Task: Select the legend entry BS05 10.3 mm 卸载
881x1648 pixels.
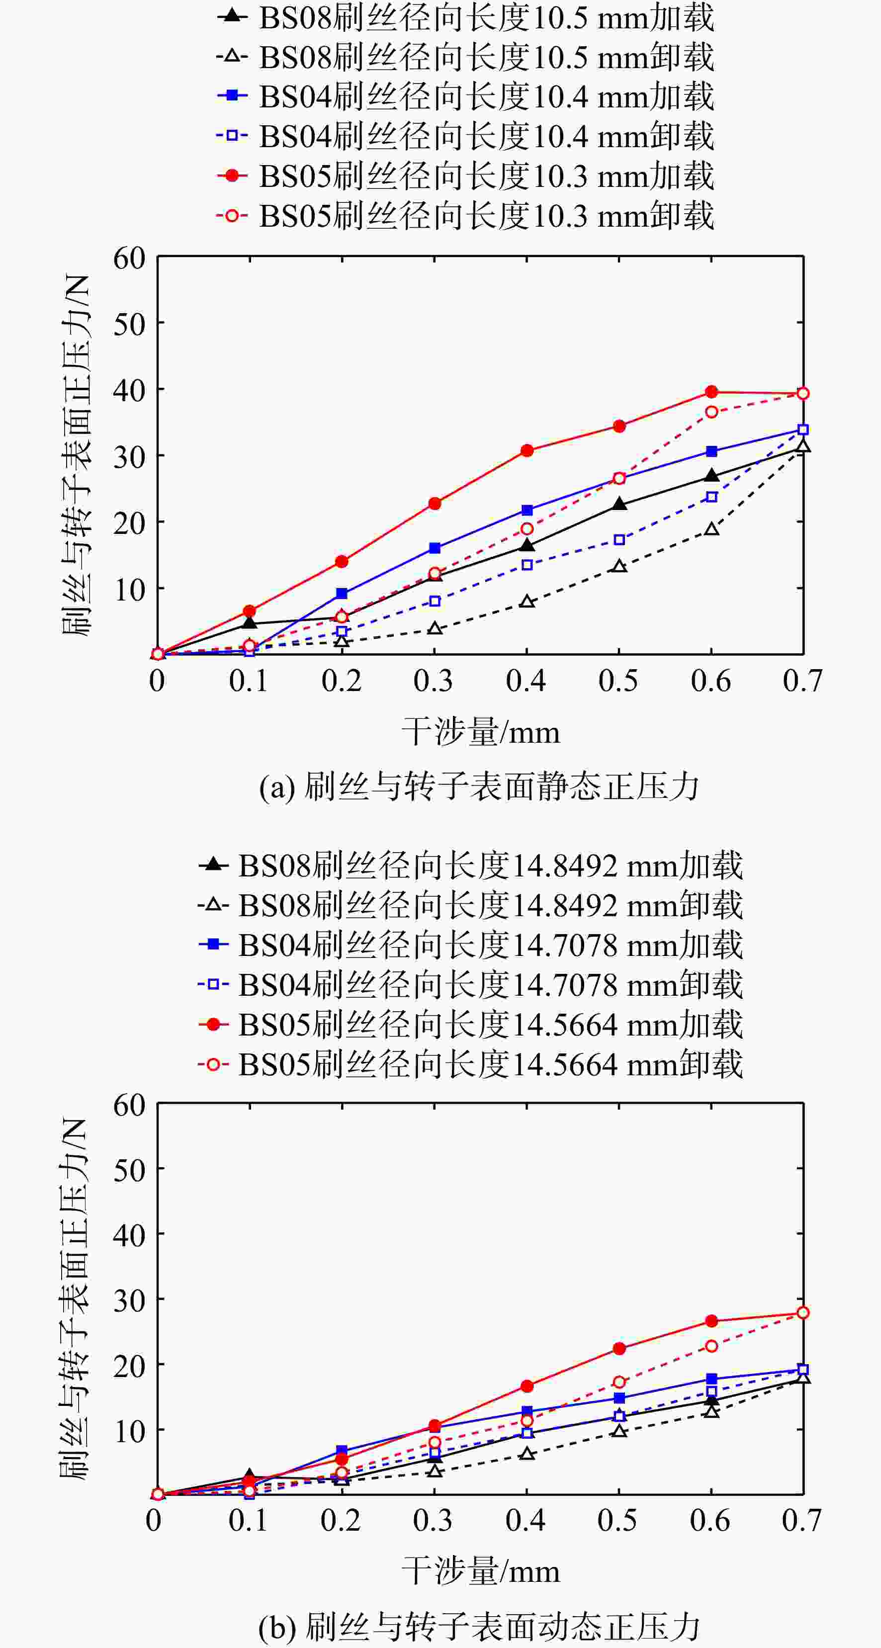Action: tap(465, 216)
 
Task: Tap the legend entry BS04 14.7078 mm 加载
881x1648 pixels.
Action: tap(470, 945)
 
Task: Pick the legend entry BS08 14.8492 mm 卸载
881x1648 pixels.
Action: tap(470, 905)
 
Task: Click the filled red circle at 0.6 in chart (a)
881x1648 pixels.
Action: tap(711, 392)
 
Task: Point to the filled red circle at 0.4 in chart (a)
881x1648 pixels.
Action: tap(527, 450)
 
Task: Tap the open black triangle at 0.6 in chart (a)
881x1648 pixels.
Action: tap(711, 529)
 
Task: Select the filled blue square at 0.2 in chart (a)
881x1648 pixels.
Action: tap(342, 594)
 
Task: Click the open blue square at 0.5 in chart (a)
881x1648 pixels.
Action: tap(619, 540)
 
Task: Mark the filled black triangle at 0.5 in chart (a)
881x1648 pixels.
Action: tap(619, 504)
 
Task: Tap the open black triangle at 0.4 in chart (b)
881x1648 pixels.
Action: tap(527, 1454)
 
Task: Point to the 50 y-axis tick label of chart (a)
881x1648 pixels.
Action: tap(130, 324)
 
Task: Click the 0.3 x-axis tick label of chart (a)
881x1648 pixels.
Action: tap(433, 681)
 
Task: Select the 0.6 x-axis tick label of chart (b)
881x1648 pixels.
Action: tap(709, 1521)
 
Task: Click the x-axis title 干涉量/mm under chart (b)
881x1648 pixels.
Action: tap(480, 1571)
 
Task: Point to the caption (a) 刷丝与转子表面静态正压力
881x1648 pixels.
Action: tap(479, 786)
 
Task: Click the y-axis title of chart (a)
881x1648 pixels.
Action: tap(76, 455)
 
